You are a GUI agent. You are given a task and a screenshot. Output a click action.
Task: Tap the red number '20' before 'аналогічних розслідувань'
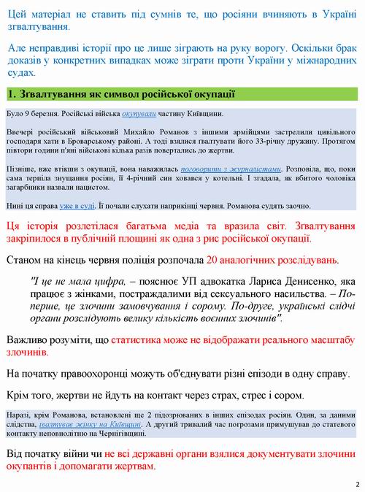[x=212, y=260]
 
